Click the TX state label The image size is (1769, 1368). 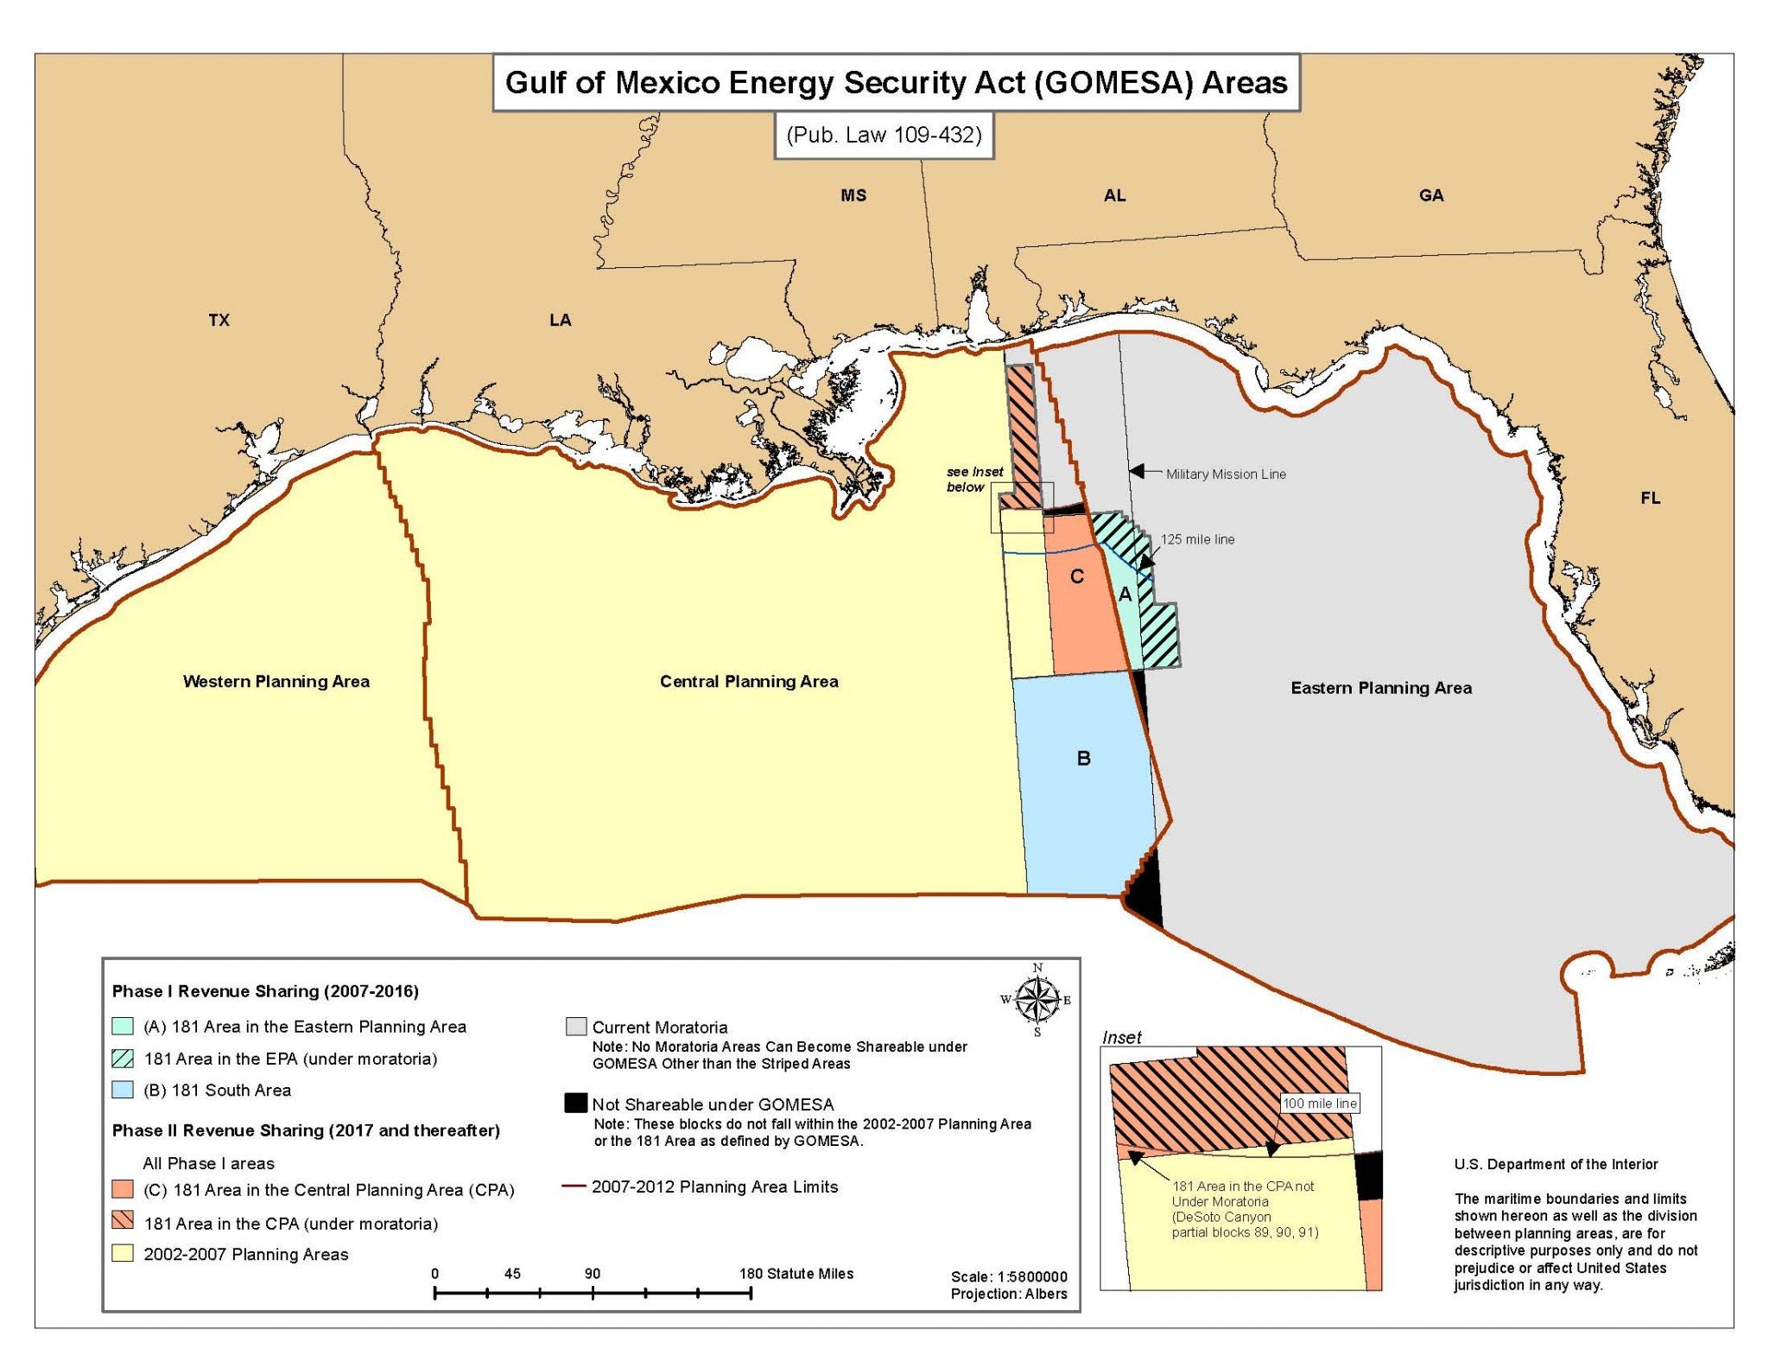point(219,320)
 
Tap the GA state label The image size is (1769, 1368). point(1430,195)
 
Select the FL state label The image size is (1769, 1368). point(1650,498)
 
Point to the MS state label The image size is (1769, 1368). point(853,195)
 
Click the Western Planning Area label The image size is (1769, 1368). point(276,681)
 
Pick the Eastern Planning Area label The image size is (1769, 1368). point(1380,688)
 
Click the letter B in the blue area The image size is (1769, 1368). point(1083,758)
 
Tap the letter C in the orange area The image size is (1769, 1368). point(1076,576)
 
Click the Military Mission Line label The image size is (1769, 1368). point(1225,474)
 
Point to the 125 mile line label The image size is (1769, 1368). point(1197,539)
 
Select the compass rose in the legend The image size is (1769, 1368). point(1037,1000)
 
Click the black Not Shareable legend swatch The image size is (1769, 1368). point(575,1103)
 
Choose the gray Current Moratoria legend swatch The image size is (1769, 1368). point(575,1026)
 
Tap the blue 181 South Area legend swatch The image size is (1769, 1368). point(123,1090)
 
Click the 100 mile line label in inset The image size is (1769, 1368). point(1319,1104)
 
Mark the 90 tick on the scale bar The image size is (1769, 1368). point(593,1293)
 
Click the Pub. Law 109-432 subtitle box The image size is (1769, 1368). point(884,135)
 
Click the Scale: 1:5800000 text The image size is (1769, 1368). point(1008,1276)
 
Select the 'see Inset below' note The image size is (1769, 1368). point(973,479)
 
